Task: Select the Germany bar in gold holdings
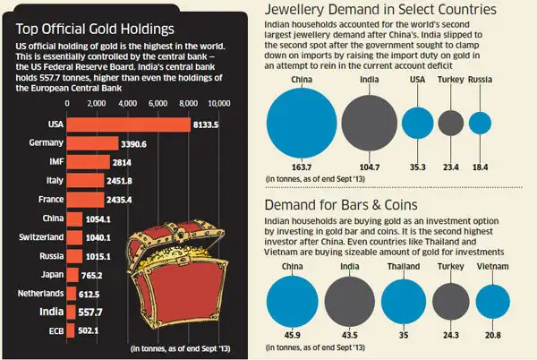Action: tap(95, 143)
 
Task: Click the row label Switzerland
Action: tap(42, 237)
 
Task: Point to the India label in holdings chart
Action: tap(49, 312)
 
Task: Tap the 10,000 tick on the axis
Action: tap(220, 104)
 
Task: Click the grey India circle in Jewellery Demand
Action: tap(367, 123)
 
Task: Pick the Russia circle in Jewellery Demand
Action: tap(481, 124)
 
